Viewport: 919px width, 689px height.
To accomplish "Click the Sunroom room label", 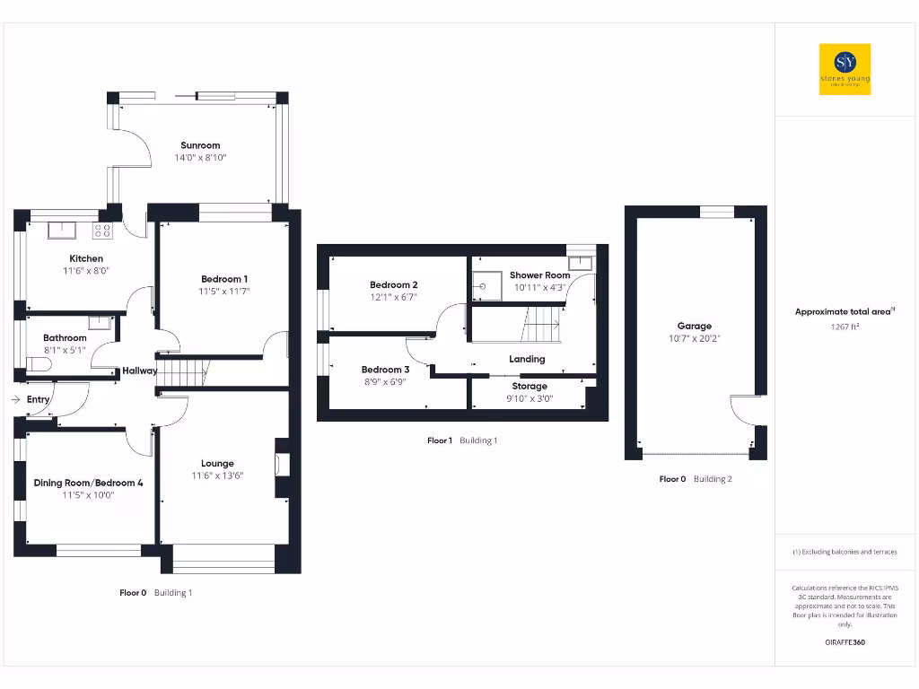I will (x=200, y=145).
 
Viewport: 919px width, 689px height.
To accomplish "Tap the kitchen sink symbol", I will (x=63, y=231).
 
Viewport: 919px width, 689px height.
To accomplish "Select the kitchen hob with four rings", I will (x=102, y=231).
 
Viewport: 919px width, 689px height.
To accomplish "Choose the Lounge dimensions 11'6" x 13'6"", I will (x=217, y=476).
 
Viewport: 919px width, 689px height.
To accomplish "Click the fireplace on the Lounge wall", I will (x=282, y=463).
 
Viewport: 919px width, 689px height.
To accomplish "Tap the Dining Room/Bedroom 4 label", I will (x=89, y=483).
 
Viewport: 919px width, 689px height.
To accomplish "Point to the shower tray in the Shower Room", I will (x=490, y=287).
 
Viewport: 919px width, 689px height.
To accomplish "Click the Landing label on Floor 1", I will (x=527, y=359).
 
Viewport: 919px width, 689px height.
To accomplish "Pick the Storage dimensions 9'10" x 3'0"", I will (x=530, y=398).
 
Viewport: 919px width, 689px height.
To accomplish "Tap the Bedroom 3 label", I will (x=385, y=370).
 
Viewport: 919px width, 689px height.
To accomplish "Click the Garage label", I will (x=695, y=326).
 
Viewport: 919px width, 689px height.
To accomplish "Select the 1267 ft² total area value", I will (x=845, y=327).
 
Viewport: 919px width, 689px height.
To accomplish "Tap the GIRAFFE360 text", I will (x=845, y=642).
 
